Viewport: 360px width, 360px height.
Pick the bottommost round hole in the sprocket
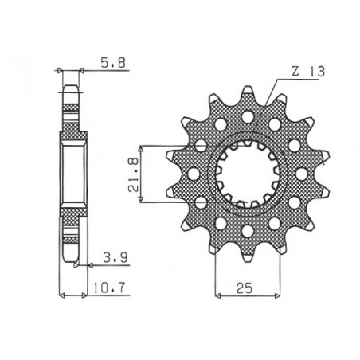(x=247, y=231)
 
